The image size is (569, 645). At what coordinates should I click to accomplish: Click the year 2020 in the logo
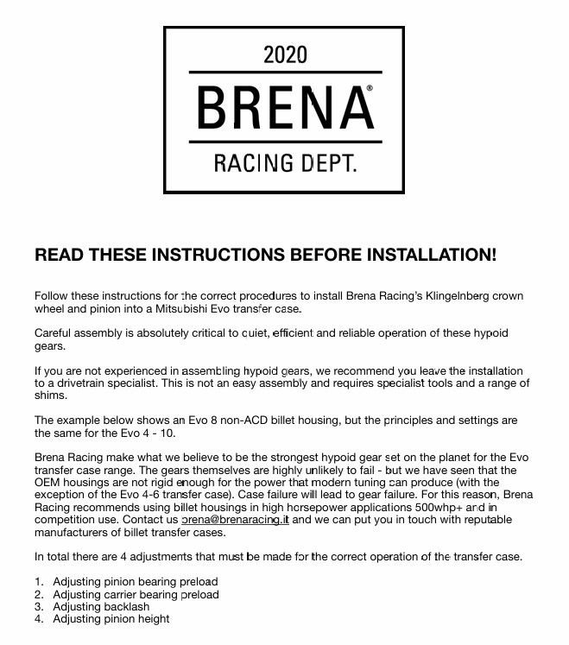pyautogui.click(x=284, y=55)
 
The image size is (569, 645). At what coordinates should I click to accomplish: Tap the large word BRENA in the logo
pyautogui.click(x=280, y=108)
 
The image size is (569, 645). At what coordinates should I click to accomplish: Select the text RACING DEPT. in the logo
pyautogui.click(x=284, y=161)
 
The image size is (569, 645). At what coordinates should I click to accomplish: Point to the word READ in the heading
pyautogui.click(x=59, y=256)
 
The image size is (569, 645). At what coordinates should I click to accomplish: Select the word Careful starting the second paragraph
pyautogui.click(x=54, y=333)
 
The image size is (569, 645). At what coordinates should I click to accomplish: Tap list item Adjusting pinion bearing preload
pyautogui.click(x=135, y=581)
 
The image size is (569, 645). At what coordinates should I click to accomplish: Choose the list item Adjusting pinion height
pyautogui.click(x=111, y=619)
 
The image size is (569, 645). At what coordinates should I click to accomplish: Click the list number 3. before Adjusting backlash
pyautogui.click(x=40, y=606)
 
